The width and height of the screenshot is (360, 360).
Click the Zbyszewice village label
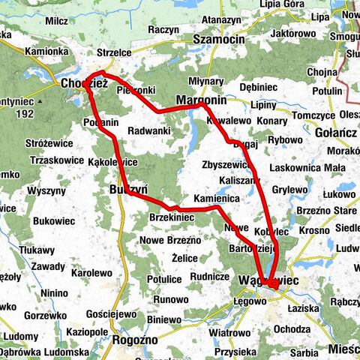tap(225, 165)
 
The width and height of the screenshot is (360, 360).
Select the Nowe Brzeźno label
tap(170, 240)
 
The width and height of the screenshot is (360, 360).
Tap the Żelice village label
tap(184, 258)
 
